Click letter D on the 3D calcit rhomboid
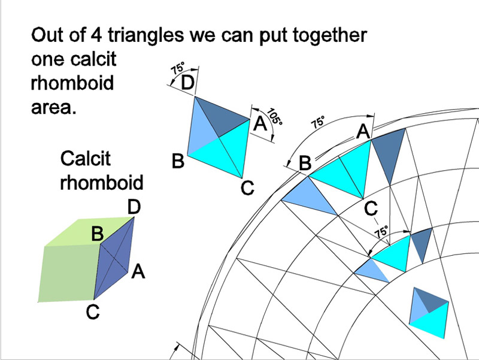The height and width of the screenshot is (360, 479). [134, 207]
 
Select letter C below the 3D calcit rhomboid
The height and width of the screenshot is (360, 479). [93, 312]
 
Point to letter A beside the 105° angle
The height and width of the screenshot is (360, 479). [260, 124]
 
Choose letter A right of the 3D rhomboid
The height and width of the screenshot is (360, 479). [138, 273]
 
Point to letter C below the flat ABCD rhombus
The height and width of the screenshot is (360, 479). [248, 188]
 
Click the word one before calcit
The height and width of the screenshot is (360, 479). [47, 60]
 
